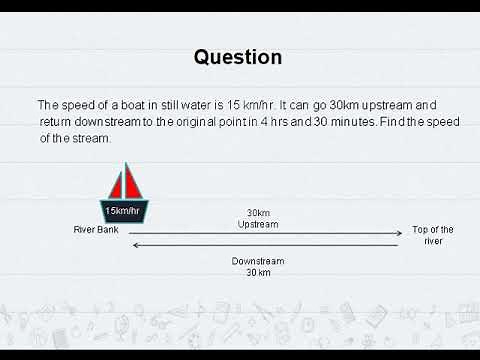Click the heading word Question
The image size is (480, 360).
(238, 57)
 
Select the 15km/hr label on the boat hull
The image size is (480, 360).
(125, 210)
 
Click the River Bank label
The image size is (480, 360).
(96, 229)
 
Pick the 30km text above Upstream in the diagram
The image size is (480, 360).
(258, 212)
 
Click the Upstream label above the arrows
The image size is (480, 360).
(258, 223)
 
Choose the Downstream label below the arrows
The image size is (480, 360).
(258, 261)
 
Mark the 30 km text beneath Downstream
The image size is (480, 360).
(258, 272)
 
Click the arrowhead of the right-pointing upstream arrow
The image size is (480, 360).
(397, 234)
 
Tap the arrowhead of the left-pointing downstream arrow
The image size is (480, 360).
(136, 245)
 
